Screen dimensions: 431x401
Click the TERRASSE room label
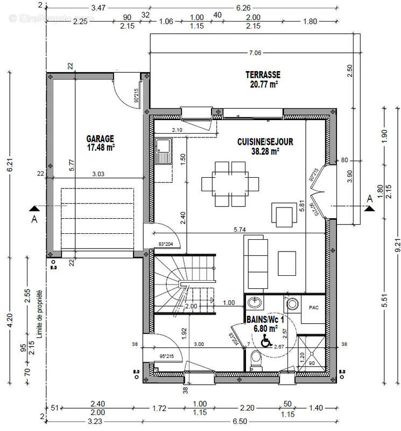click(x=263, y=75)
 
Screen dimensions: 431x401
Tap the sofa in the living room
click(x=257, y=257)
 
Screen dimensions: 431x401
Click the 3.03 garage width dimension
click(x=98, y=173)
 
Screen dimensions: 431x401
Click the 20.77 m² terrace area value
click(x=263, y=84)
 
